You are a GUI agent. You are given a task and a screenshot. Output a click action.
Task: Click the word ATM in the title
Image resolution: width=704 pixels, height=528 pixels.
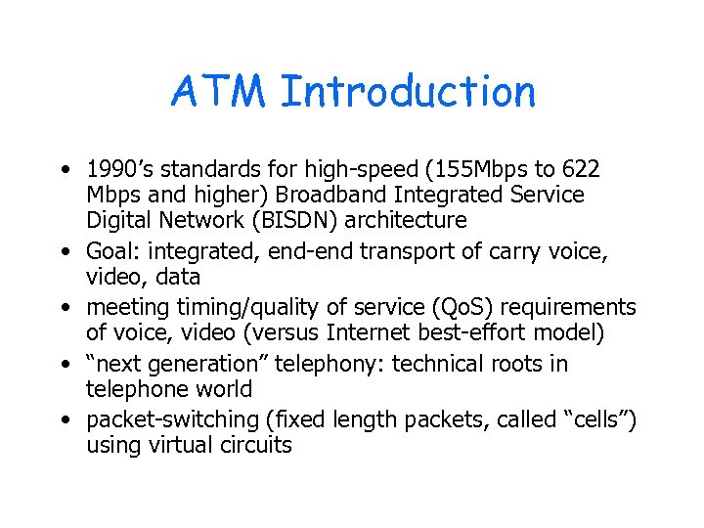click(218, 93)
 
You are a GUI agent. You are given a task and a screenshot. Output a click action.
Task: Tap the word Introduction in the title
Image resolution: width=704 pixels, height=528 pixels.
click(408, 93)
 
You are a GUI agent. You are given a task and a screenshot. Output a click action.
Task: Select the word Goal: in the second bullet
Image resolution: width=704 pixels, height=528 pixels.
click(113, 252)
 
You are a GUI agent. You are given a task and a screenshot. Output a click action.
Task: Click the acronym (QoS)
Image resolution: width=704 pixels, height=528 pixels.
click(474, 308)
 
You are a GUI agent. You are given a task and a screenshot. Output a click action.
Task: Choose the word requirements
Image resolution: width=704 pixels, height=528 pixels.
click(574, 308)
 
